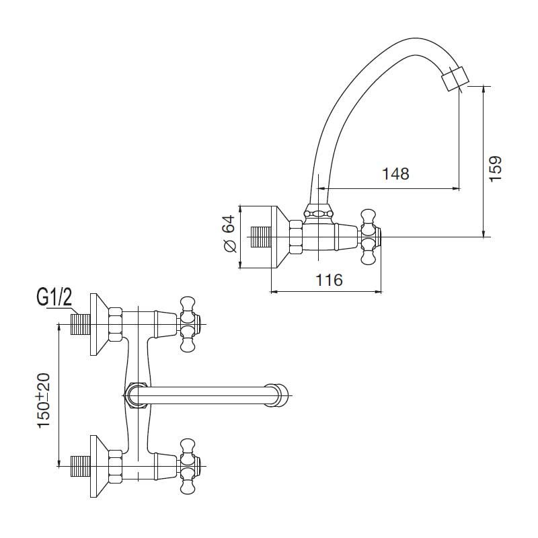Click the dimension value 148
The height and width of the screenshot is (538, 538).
point(395,174)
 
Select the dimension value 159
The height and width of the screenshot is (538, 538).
point(495,168)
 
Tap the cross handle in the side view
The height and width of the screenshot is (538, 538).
point(369,237)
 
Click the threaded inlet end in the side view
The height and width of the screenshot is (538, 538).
point(260,237)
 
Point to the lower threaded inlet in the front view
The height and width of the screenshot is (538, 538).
point(80,465)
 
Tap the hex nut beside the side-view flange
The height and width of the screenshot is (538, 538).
point(296,237)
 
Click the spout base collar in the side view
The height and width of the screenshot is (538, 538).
point(319,214)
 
